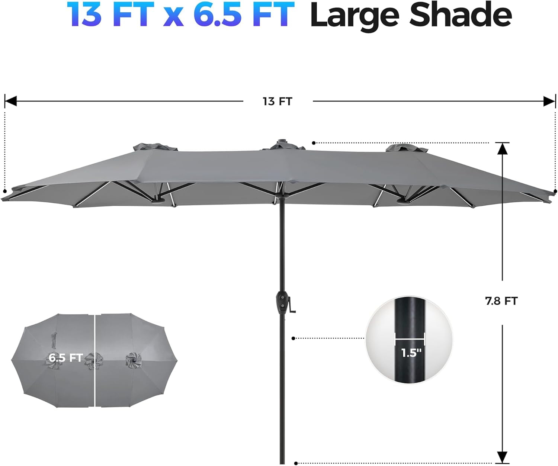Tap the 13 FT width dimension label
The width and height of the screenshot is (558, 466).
click(x=278, y=102)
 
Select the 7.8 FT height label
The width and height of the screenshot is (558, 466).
click(x=501, y=301)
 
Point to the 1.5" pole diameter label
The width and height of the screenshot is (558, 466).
click(x=411, y=353)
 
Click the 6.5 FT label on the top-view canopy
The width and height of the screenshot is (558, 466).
click(x=65, y=358)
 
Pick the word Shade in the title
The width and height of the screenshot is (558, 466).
click(x=461, y=15)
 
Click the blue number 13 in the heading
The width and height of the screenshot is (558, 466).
click(x=84, y=15)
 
